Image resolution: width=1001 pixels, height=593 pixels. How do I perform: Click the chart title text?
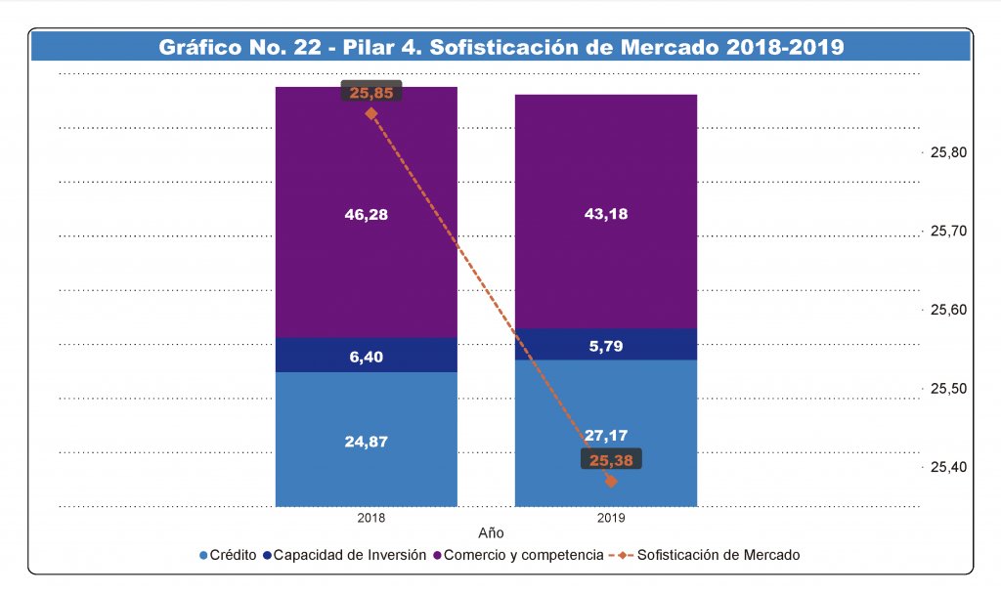pyautogui.click(x=500, y=47)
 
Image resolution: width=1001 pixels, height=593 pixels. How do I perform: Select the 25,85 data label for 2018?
pyautogui.click(x=371, y=92)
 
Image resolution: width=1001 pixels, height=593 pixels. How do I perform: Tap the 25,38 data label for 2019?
pyautogui.click(x=611, y=460)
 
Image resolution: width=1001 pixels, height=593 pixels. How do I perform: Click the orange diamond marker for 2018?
pyautogui.click(x=371, y=113)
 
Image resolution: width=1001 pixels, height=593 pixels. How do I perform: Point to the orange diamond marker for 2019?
pyautogui.click(x=611, y=481)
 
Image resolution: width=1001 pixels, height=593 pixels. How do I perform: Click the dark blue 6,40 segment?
pyautogui.click(x=367, y=356)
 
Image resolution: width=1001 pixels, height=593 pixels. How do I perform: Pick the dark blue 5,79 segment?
pyautogui.click(x=606, y=345)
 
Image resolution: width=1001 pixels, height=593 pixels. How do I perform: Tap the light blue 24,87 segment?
pyautogui.click(x=367, y=441)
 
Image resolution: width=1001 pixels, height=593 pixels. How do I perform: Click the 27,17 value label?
pyautogui.click(x=606, y=435)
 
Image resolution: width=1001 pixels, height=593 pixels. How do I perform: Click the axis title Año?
pyautogui.click(x=491, y=533)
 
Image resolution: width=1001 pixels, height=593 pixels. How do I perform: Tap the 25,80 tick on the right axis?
pyautogui.click(x=946, y=152)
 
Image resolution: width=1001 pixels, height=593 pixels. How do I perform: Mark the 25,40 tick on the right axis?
pyautogui.click(x=946, y=467)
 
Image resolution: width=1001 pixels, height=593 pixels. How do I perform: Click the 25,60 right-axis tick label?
pyautogui.click(x=946, y=310)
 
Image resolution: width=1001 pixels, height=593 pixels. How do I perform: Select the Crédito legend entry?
pyautogui.click(x=229, y=555)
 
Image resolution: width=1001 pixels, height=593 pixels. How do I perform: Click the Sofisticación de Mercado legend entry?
pyautogui.click(x=718, y=555)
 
